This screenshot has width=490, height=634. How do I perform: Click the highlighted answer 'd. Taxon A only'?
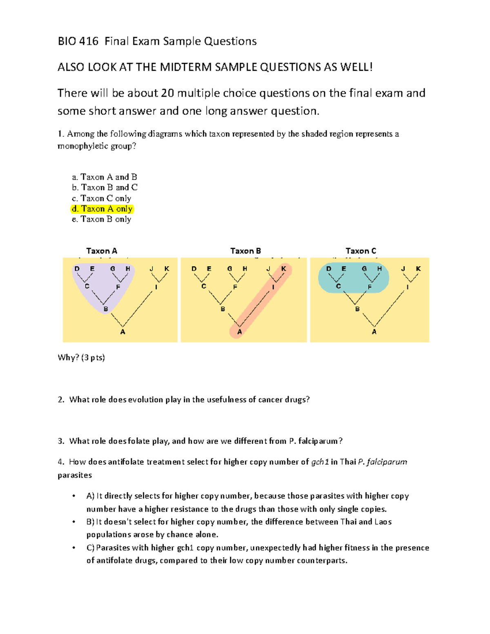(x=102, y=209)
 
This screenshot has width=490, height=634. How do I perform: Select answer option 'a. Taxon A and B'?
(x=105, y=177)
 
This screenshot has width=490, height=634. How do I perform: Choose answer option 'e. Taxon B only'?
(x=102, y=219)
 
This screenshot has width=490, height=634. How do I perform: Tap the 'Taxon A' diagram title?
(x=102, y=251)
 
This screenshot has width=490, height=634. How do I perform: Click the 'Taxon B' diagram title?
(x=245, y=251)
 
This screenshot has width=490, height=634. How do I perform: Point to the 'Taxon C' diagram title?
(x=361, y=251)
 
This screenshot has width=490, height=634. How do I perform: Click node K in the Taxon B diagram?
(x=283, y=269)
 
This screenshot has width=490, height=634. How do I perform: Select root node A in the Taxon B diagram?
(x=240, y=332)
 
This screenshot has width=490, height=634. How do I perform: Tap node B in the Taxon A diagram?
(x=106, y=309)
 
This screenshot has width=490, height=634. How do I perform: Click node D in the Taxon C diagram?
(x=329, y=269)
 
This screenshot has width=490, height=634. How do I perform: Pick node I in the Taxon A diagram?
(x=156, y=287)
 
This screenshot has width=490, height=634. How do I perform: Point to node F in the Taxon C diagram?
(x=370, y=287)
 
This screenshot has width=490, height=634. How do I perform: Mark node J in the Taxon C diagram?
(x=403, y=269)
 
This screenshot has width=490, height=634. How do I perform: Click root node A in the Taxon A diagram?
(x=122, y=332)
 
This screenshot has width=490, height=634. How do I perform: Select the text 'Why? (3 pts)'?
(x=81, y=358)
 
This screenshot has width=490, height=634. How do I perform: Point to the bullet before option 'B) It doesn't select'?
(x=74, y=522)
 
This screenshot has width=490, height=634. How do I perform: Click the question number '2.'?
(x=61, y=400)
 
